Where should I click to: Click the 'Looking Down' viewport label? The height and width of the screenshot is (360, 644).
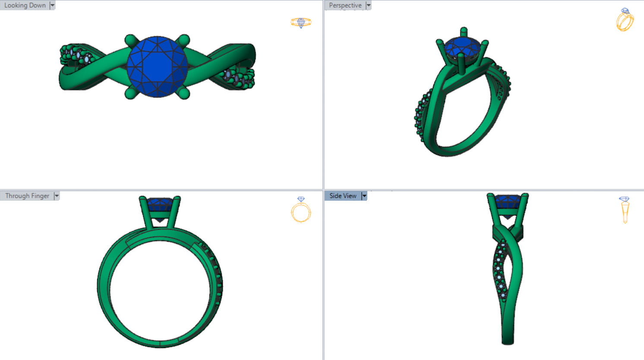tap(25, 5)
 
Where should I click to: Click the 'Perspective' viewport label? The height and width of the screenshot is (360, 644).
tap(345, 5)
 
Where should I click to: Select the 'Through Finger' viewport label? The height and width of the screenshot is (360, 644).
tap(27, 196)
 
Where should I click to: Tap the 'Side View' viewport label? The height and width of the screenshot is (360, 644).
tap(343, 196)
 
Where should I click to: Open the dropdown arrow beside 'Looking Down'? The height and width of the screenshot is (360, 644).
tap(53, 5)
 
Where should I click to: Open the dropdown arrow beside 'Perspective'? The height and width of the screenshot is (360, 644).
tap(369, 5)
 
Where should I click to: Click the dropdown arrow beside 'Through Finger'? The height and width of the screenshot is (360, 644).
tap(57, 196)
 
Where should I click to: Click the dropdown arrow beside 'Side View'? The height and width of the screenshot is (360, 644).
tap(364, 196)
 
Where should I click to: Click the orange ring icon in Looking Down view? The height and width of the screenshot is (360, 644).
tap(301, 22)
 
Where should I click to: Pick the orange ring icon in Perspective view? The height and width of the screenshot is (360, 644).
tap(625, 20)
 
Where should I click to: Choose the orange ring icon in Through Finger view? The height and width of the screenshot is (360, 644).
tap(301, 210)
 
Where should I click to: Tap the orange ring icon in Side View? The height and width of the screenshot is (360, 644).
tap(625, 210)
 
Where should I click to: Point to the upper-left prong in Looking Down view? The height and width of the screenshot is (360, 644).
tap(131, 41)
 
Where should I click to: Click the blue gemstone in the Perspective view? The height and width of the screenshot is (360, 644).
tap(462, 47)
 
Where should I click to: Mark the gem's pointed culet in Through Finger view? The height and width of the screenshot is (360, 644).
tap(160, 221)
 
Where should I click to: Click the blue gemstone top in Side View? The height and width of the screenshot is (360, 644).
tap(508, 201)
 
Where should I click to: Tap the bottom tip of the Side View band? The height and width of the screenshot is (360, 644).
tap(508, 343)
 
